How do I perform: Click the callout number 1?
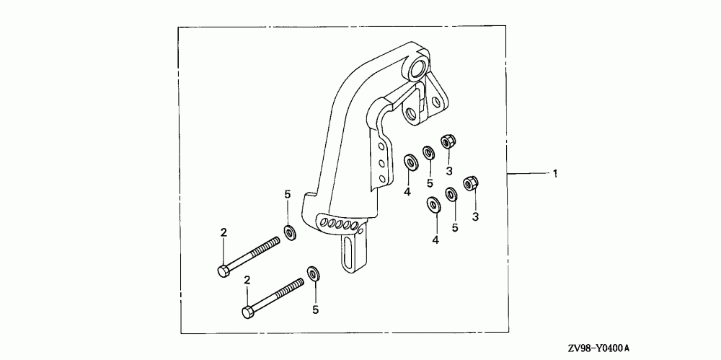click(555, 173)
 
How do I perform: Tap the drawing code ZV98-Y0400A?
click(598, 348)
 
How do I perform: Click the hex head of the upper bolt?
click(222, 271)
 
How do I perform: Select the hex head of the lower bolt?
click(247, 312)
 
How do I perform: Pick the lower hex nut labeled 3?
click(470, 183)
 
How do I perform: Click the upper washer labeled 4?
click(409, 160)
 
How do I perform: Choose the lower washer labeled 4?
click(433, 205)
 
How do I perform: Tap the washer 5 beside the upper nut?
click(428, 152)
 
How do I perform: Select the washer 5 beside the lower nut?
click(452, 194)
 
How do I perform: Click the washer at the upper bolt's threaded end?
click(290, 232)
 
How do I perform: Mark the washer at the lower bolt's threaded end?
click(314, 273)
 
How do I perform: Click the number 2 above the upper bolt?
click(224, 232)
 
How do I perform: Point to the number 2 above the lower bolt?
click(247, 279)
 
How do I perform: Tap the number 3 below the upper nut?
click(448, 171)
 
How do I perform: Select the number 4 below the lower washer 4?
click(435, 240)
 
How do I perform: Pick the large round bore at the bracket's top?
click(417, 71)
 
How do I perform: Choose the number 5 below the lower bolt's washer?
click(315, 310)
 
